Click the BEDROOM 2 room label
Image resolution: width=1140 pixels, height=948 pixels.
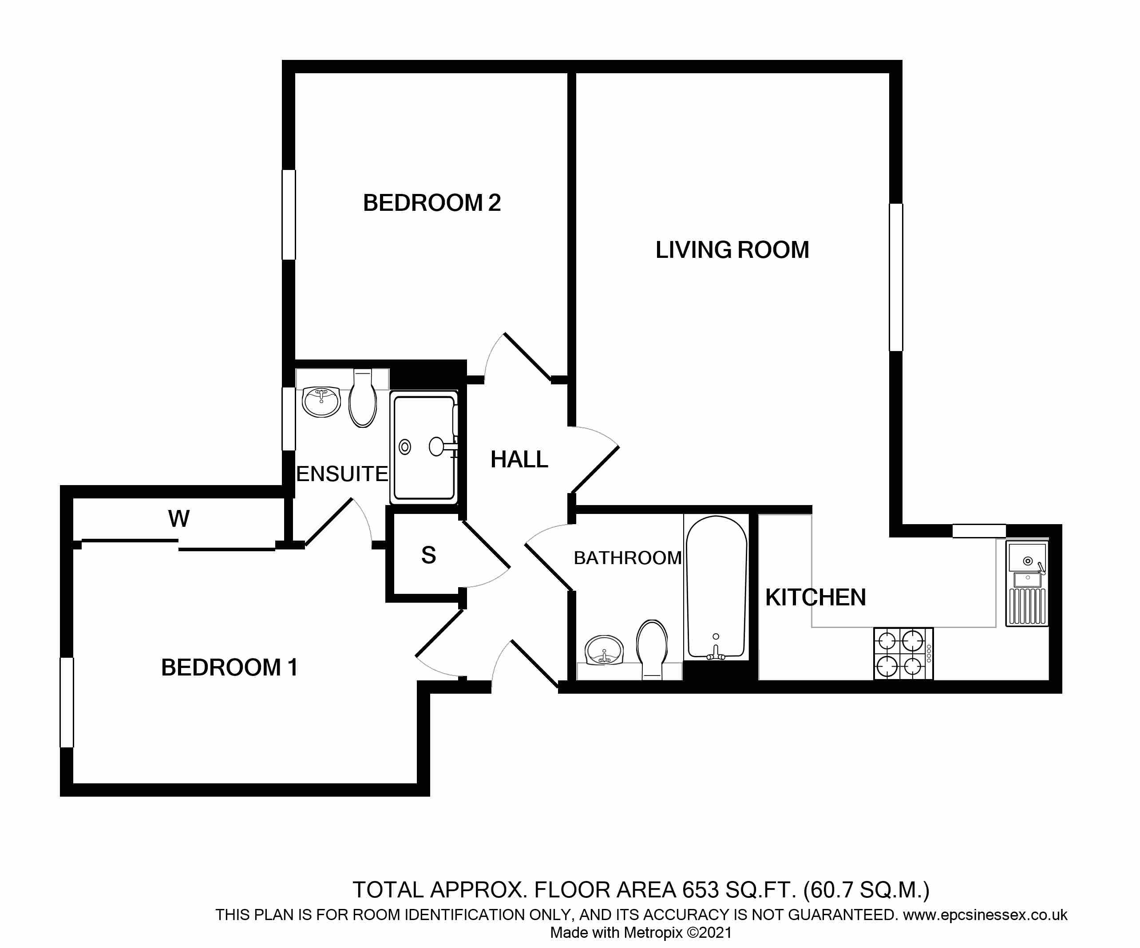click(431, 203)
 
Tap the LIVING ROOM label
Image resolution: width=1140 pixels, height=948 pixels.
click(732, 250)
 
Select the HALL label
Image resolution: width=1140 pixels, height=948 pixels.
click(519, 460)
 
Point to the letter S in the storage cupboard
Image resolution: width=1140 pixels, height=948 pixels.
click(428, 555)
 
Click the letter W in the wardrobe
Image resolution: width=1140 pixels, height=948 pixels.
click(178, 519)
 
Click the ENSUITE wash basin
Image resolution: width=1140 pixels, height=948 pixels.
click(321, 401)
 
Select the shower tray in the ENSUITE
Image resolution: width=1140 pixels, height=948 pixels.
click(424, 448)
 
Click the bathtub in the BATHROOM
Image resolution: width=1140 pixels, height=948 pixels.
click(716, 588)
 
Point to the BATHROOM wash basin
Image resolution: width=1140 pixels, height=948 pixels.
click(604, 650)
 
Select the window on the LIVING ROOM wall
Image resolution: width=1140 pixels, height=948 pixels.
click(896, 277)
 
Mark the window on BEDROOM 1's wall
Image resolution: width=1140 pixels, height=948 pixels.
click(67, 702)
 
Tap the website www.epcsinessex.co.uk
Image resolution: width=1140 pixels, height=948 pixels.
click(985, 915)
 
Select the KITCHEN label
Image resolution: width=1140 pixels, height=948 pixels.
click(815, 597)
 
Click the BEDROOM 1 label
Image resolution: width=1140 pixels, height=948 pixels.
click(229, 668)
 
